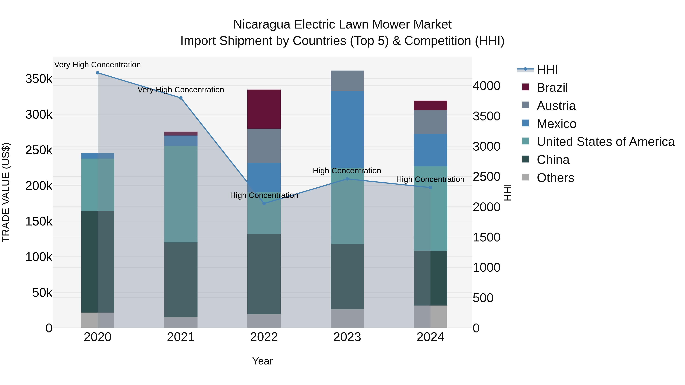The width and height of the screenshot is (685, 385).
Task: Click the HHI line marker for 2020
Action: [x=98, y=73]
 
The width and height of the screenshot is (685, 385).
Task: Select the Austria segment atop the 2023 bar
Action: [x=347, y=81]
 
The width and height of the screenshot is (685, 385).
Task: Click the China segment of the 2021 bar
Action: [x=181, y=279]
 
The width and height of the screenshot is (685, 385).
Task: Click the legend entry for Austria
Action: [x=556, y=106]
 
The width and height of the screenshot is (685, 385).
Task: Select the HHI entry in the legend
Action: [x=547, y=70]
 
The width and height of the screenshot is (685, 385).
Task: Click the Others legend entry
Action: [x=555, y=178]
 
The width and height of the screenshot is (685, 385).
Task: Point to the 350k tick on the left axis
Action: [x=39, y=79]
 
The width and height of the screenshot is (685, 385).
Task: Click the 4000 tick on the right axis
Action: [x=486, y=86]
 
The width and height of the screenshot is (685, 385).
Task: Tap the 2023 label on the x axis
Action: [x=347, y=337]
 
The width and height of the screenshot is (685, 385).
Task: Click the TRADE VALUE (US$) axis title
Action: [x=6, y=192]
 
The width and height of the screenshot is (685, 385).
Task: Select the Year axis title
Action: [x=262, y=361]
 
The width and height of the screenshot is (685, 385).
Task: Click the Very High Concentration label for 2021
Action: [x=181, y=90]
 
